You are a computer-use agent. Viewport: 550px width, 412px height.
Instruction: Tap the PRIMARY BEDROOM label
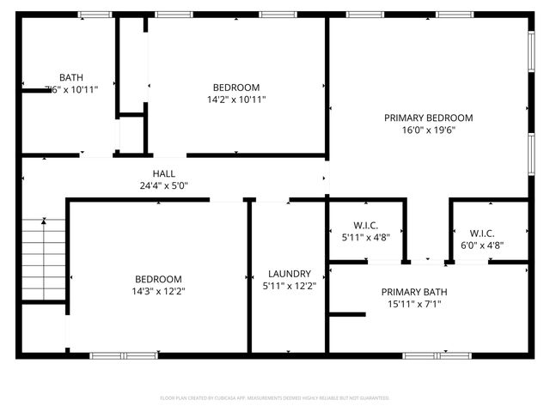(x=428, y=118)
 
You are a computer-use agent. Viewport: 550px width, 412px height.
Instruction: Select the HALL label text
(x=164, y=173)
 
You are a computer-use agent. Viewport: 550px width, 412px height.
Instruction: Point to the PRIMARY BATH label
(x=414, y=292)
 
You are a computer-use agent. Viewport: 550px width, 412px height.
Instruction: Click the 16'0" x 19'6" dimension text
(x=428, y=130)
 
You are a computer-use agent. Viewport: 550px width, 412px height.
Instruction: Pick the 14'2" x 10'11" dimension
(x=236, y=100)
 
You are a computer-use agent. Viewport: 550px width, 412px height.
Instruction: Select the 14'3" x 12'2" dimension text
(x=158, y=291)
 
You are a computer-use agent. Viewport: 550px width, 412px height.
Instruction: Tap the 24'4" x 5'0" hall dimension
(x=164, y=185)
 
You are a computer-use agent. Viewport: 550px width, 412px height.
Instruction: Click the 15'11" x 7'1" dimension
(x=414, y=304)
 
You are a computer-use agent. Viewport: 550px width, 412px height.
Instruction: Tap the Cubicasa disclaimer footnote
(x=275, y=398)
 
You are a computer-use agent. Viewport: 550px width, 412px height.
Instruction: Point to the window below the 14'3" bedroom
(x=123, y=354)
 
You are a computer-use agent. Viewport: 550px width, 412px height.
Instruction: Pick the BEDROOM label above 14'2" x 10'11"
(x=236, y=88)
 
